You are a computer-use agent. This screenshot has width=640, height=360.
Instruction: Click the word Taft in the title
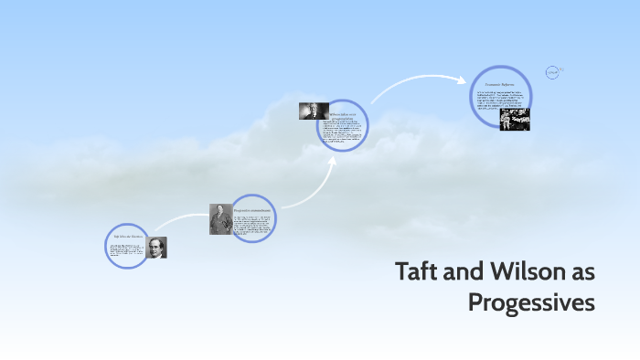(x=419, y=271)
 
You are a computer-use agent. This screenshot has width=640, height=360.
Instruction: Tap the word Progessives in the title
(x=531, y=302)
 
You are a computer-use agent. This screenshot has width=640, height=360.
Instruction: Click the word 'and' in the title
(x=467, y=271)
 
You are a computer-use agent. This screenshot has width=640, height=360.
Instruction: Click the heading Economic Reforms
(x=500, y=83)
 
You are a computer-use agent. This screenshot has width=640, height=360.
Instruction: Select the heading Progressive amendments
(x=251, y=210)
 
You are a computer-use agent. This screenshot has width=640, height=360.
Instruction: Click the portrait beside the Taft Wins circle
(x=156, y=248)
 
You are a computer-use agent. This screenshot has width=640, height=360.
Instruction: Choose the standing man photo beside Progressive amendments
(x=219, y=219)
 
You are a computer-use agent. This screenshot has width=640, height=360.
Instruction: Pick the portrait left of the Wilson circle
(x=313, y=111)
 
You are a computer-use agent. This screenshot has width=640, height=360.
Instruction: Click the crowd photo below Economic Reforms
(x=514, y=120)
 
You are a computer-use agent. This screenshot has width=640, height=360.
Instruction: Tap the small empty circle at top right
(x=551, y=72)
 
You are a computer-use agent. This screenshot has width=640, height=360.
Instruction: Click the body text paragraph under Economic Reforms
(x=500, y=99)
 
